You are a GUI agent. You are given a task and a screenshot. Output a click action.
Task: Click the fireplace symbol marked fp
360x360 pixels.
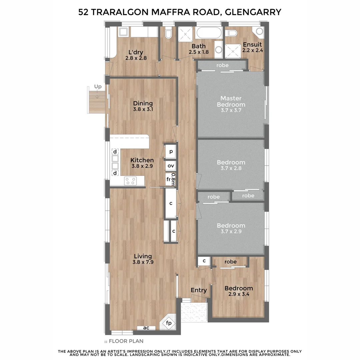pyautogui.click(x=169, y=323)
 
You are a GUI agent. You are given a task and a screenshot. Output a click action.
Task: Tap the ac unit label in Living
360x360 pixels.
pyautogui.click(x=146, y=328)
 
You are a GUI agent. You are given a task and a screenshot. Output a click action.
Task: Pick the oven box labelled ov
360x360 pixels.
pyautogui.click(x=171, y=166)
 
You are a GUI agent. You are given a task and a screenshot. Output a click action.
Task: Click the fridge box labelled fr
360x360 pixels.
pyautogui.click(x=169, y=179)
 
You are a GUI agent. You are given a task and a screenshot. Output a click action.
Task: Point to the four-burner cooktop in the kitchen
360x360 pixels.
pyautogui.click(x=130, y=181)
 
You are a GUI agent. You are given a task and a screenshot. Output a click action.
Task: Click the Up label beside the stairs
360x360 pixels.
pyautogui.click(x=98, y=87)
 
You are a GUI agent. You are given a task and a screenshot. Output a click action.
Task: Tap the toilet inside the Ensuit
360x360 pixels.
pyautogui.click(x=231, y=33)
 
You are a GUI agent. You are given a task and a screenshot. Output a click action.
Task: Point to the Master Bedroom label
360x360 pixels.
pyautogui.click(x=231, y=101)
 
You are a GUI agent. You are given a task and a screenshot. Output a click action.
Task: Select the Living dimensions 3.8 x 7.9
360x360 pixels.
pyautogui.click(x=143, y=262)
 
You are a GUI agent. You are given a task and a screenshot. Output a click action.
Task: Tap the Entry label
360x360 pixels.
pyautogui.click(x=199, y=290)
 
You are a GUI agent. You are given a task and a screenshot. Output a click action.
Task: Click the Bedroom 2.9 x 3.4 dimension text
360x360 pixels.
pyautogui.click(x=238, y=295)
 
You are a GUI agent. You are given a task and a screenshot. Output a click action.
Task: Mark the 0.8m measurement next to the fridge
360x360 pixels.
pyautogui.click(x=173, y=179)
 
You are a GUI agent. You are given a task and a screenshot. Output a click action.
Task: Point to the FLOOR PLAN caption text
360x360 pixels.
pyautogui.click(x=126, y=341)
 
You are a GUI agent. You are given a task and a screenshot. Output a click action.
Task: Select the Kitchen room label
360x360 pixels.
pyautogui.click(x=142, y=160)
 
